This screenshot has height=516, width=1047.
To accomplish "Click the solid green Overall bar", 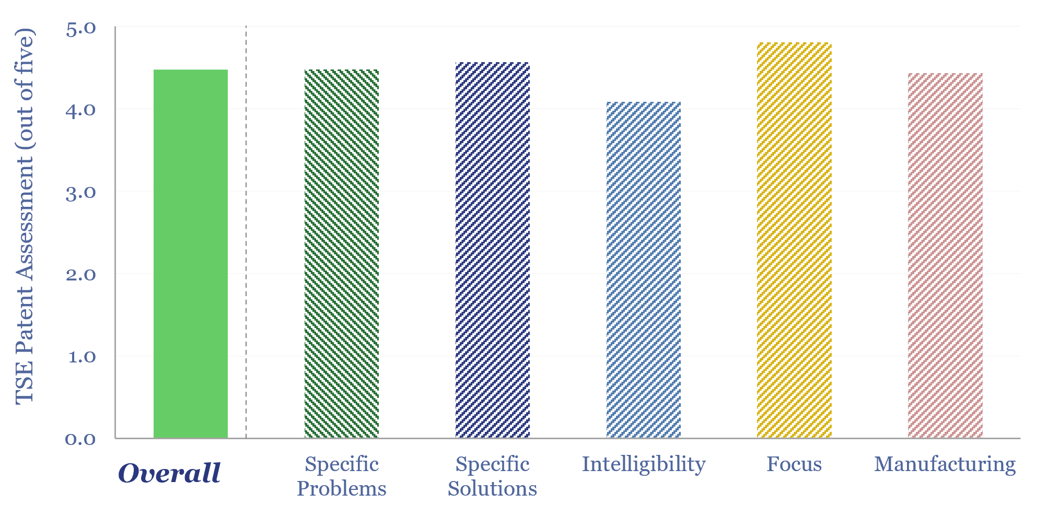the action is [191, 253].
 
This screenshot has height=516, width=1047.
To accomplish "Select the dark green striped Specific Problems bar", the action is [342, 253].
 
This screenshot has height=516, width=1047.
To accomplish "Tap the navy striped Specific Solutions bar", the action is [493, 250].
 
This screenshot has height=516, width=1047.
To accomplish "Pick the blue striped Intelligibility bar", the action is [644, 269].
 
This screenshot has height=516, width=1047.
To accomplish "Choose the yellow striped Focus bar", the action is [794, 240].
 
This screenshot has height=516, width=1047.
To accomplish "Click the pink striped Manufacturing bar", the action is [945, 255].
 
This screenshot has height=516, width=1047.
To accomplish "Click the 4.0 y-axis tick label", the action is [81, 110].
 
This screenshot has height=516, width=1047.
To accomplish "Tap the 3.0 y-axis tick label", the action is [81, 193].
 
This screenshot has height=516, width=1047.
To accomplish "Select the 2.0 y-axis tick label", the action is [81, 275].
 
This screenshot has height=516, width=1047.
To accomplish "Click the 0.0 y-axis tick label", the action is [81, 439].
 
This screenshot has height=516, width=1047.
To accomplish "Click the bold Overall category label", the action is [170, 473].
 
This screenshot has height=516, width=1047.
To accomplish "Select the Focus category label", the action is [794, 464].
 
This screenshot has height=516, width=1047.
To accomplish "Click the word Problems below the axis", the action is [342, 489].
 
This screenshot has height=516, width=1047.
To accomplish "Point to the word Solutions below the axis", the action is [493, 489].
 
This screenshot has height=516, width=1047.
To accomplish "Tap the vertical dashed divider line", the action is [246, 232].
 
